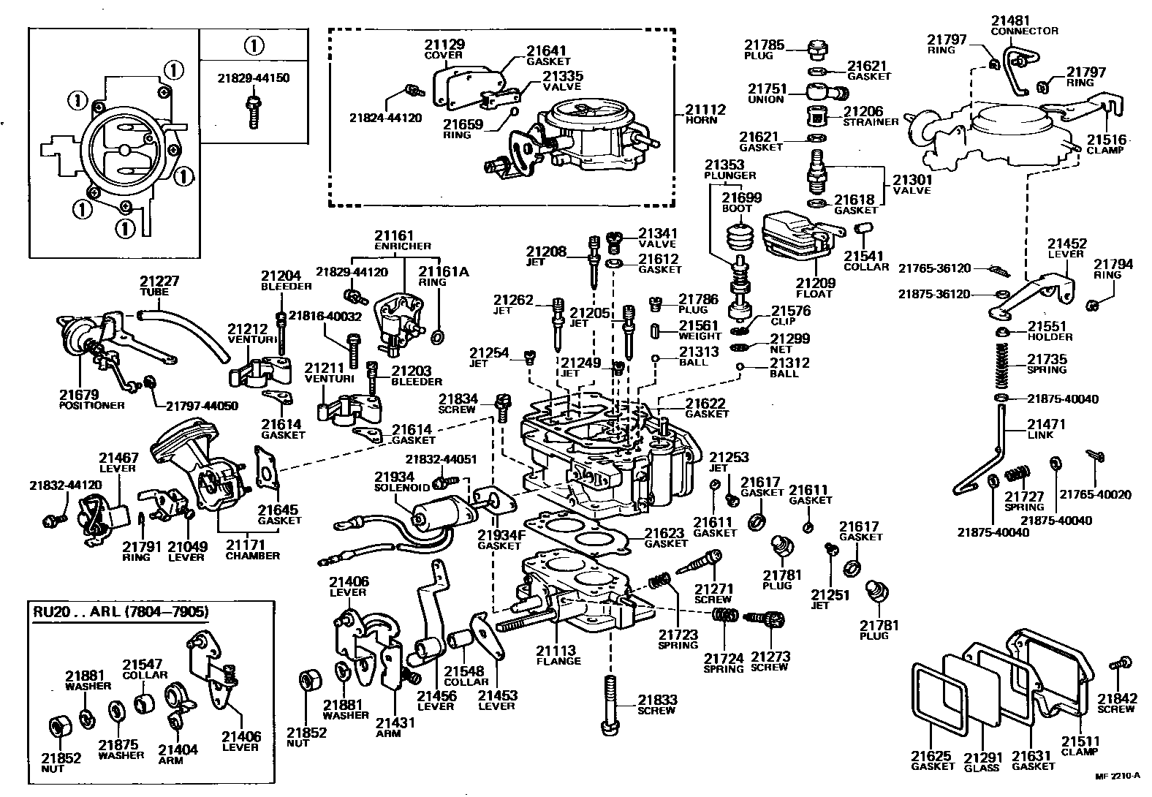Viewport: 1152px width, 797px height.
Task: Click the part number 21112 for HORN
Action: [x=705, y=110]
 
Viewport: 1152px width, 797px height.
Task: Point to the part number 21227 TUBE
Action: [x=159, y=282]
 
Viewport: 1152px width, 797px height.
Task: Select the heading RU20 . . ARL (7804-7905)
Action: [x=120, y=612]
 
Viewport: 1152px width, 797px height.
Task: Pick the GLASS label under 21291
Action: [x=981, y=767]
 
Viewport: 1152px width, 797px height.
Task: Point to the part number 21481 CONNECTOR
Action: [x=1009, y=20]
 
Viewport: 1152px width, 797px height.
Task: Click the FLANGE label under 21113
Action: [x=558, y=661]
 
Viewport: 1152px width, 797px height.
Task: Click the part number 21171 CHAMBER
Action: [x=245, y=545]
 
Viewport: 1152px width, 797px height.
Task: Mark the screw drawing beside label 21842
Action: [x=1117, y=665]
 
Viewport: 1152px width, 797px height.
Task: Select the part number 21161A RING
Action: [x=443, y=272]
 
